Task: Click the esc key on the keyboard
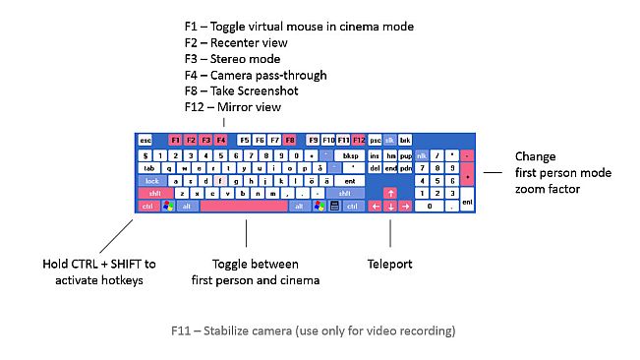[145, 141]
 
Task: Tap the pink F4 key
[221, 141]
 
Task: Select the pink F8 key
[290, 141]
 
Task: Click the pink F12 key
[359, 141]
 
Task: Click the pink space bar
[244, 207]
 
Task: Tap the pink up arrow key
[390, 194]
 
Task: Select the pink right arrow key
[405, 207]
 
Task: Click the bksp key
[349, 155]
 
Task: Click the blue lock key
[151, 181]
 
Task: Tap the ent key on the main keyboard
[349, 181]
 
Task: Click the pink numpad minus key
[467, 155]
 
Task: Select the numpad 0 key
[430, 207]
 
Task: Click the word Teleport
[390, 265]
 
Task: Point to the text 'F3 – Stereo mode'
[231, 58]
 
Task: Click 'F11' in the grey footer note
[182, 330]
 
